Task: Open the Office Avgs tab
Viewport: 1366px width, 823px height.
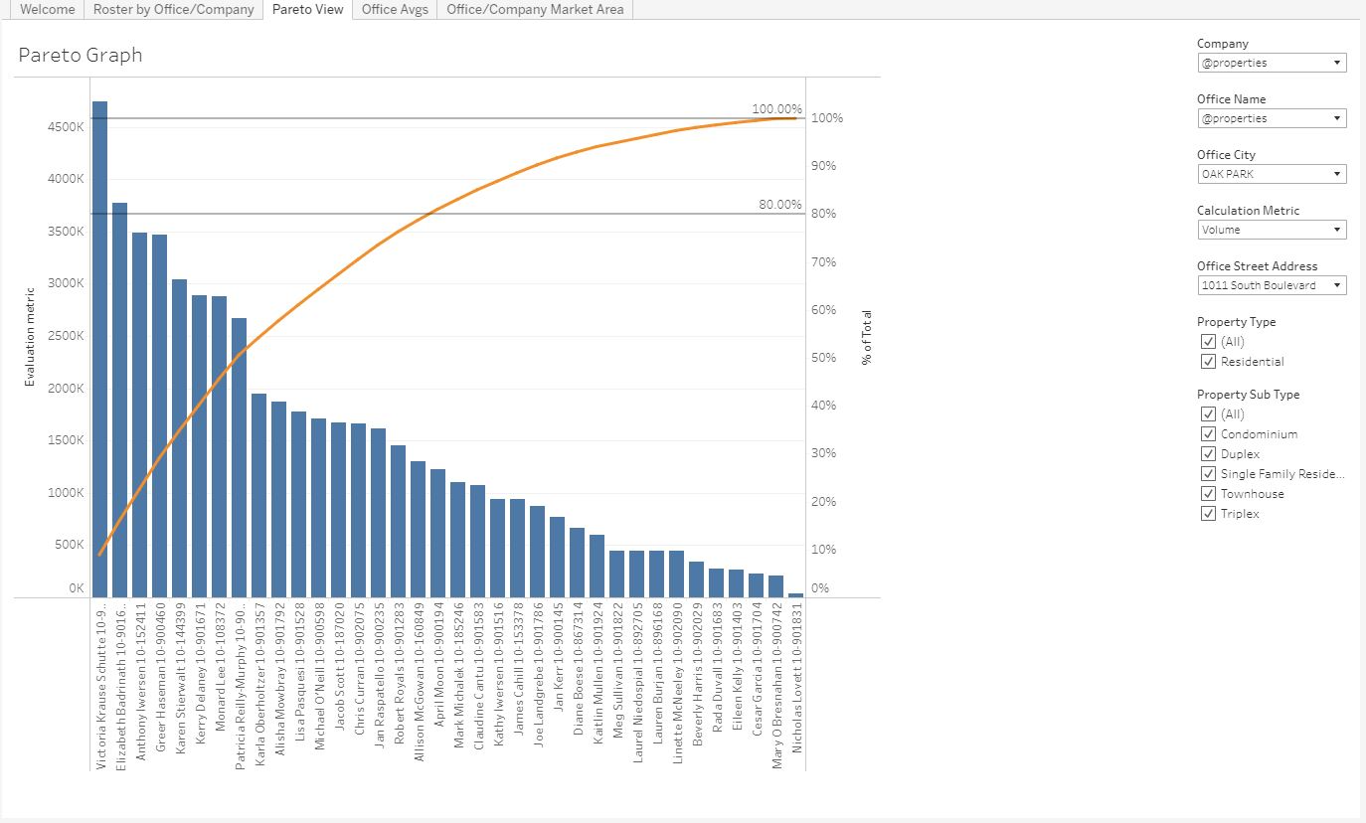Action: click(395, 9)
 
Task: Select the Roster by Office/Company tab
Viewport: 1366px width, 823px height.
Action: click(173, 9)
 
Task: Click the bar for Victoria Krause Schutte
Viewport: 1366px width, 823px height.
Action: click(99, 348)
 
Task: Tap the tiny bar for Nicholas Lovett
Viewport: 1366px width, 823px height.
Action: click(795, 594)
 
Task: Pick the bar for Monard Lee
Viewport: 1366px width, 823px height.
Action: click(219, 446)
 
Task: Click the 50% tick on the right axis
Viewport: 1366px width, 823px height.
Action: click(822, 358)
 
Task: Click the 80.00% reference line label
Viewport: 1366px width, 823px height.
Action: click(779, 205)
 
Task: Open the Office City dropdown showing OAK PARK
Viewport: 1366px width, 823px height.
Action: click(1272, 174)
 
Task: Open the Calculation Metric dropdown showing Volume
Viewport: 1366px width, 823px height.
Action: click(1272, 230)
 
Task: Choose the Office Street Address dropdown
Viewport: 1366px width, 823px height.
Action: click(1272, 285)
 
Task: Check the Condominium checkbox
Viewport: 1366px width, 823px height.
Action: click(1208, 434)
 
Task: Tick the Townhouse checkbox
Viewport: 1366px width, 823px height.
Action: click(1208, 494)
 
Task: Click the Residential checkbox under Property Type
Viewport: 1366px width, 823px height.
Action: click(1208, 362)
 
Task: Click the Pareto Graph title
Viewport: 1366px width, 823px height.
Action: click(81, 56)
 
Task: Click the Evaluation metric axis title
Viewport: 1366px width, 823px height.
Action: click(30, 337)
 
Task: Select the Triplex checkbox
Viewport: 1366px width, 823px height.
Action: click(1208, 514)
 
